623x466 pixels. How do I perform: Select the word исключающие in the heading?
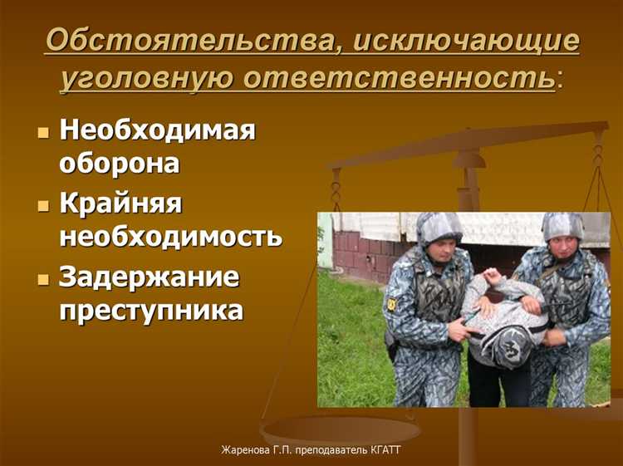pos(465,42)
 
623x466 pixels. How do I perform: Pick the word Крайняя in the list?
pos(120,204)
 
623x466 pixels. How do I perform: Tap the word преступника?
pos(150,309)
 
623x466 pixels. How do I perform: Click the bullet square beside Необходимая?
pos(44,133)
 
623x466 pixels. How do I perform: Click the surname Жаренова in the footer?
pos(245,450)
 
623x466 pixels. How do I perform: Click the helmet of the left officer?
pos(439,228)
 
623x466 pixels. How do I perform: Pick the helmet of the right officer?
pos(562,226)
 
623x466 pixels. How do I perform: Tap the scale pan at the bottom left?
pos(341,430)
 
